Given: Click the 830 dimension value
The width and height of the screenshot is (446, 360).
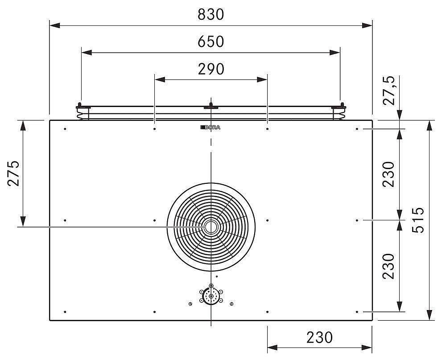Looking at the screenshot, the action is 211,15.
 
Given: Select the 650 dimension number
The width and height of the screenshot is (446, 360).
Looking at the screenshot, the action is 211,41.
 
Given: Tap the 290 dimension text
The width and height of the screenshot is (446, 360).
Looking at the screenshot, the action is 211,69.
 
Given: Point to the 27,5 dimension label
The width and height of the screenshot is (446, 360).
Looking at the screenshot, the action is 389,91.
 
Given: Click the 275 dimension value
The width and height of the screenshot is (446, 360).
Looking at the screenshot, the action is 14,174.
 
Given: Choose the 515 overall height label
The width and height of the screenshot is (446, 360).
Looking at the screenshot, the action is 418,220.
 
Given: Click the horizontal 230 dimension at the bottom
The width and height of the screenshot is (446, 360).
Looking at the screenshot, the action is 319,338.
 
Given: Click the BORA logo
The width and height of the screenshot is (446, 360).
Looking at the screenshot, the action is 210,128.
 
